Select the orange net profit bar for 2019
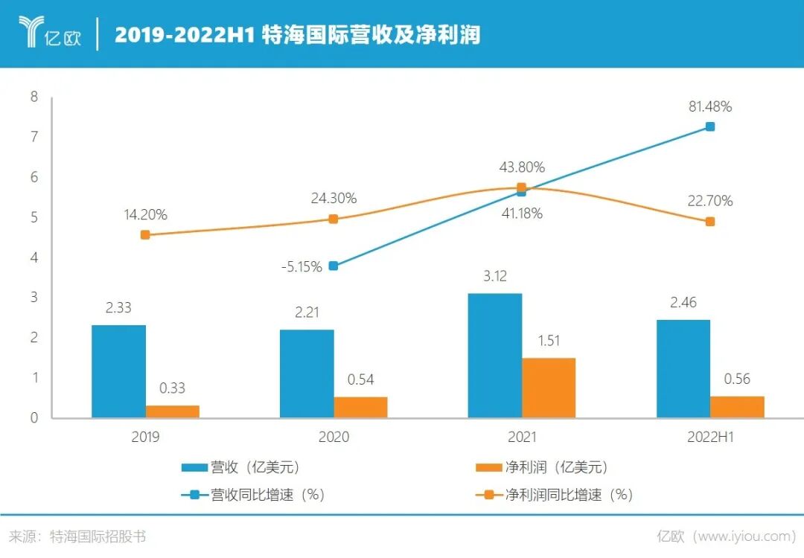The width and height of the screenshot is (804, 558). click(x=172, y=411)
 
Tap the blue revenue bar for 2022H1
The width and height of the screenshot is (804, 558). click(x=683, y=369)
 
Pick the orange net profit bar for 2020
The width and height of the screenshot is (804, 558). click(x=360, y=407)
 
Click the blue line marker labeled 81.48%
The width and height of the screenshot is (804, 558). click(x=710, y=126)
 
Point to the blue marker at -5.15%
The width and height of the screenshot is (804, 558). click(x=334, y=266)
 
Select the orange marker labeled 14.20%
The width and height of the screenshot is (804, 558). click(x=145, y=234)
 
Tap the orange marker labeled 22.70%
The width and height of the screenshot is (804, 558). click(x=710, y=222)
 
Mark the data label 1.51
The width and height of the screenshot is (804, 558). click(x=548, y=341)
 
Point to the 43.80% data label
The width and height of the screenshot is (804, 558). click(x=521, y=167)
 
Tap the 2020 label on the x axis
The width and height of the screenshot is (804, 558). click(x=334, y=437)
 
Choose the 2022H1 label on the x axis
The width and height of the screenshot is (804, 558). click(x=710, y=437)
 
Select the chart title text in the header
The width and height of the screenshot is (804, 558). click(x=297, y=35)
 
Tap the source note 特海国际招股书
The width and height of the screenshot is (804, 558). click(x=97, y=536)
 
